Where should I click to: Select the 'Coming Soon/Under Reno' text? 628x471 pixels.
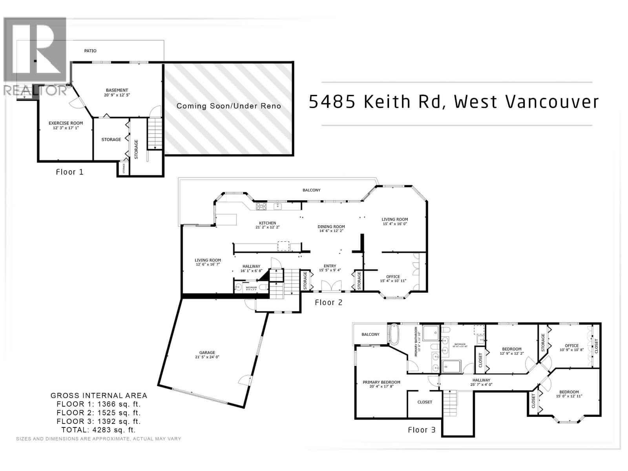228,106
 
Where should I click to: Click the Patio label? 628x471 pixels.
90,51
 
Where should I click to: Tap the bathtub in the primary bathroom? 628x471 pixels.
394,334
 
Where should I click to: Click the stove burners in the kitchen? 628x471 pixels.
261,206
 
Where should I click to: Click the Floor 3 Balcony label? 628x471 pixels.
370,334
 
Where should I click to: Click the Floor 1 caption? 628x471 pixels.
69,172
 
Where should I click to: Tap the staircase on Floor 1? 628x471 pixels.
155,133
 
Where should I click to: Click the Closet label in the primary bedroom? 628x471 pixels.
424,402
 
